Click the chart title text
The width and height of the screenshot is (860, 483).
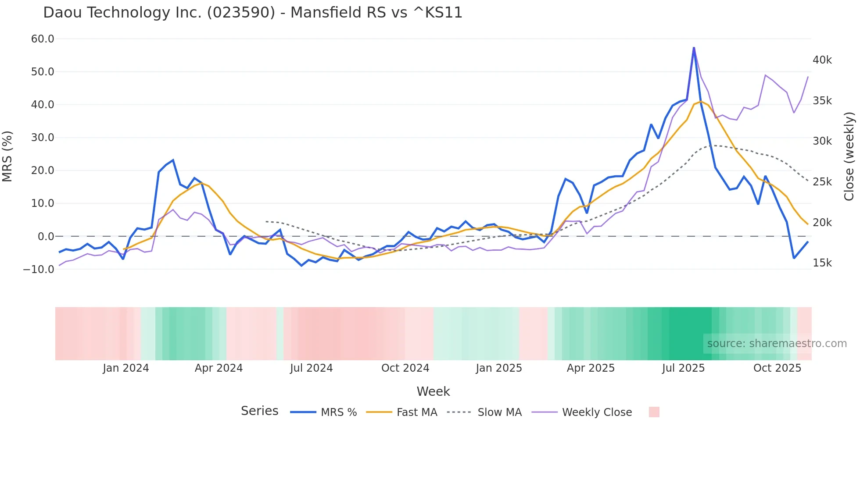click(x=253, y=13)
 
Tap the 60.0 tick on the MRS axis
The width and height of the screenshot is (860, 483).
click(x=43, y=39)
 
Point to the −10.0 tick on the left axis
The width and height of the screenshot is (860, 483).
click(x=39, y=269)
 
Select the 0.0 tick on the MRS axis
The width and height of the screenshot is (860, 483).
click(x=46, y=237)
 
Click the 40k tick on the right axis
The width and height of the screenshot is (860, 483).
click(x=822, y=60)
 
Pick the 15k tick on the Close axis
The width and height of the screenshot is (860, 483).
click(x=822, y=263)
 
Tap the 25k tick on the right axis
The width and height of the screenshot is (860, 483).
click(x=822, y=182)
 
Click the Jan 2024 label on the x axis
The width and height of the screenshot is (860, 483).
click(x=126, y=368)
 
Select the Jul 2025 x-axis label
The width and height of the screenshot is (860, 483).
click(x=683, y=368)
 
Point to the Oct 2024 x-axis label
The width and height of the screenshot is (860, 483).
click(x=405, y=368)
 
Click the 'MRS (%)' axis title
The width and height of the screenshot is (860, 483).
click(x=7, y=156)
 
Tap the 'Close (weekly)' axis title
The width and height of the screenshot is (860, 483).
click(x=849, y=156)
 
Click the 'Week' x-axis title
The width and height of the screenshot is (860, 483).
click(x=433, y=391)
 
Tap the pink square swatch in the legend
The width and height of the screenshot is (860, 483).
click(x=654, y=412)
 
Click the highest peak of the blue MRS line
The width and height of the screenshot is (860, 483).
click(x=694, y=47)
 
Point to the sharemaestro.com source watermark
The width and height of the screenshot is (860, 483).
click(x=777, y=344)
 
